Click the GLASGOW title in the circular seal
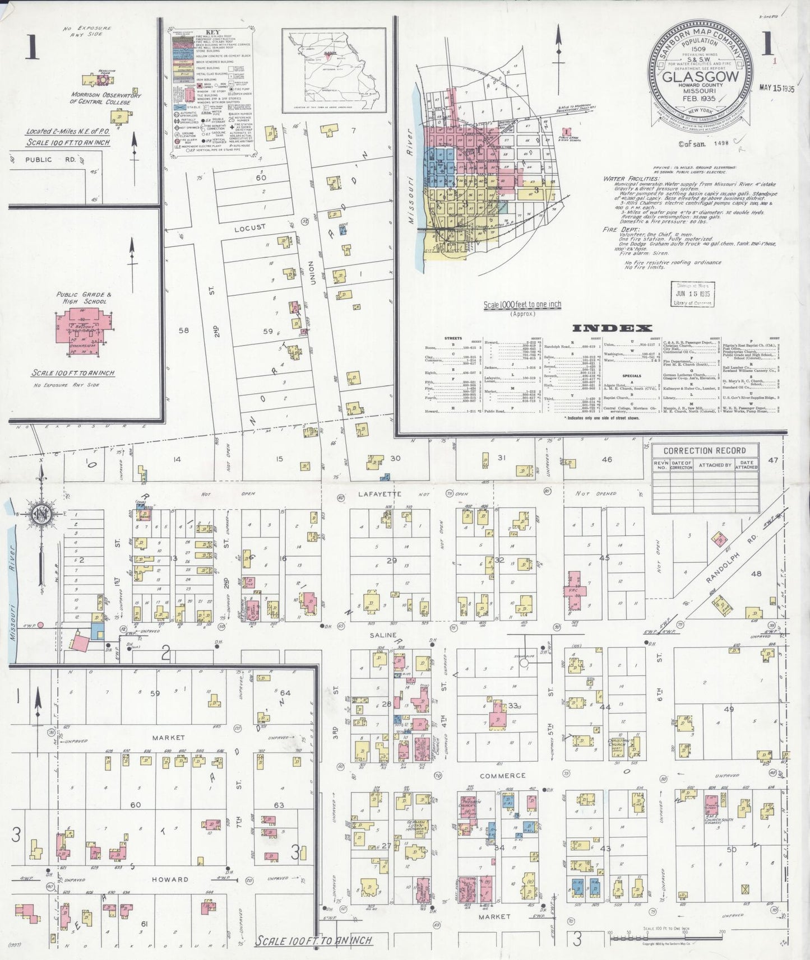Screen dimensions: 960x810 [x=701, y=77]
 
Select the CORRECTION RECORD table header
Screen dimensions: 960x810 [x=704, y=450]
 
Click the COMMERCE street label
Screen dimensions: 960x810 [x=502, y=776]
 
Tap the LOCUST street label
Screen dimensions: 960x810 [x=250, y=227]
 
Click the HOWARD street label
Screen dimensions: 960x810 [x=170, y=879]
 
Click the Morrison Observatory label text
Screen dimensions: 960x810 [x=105, y=99]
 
